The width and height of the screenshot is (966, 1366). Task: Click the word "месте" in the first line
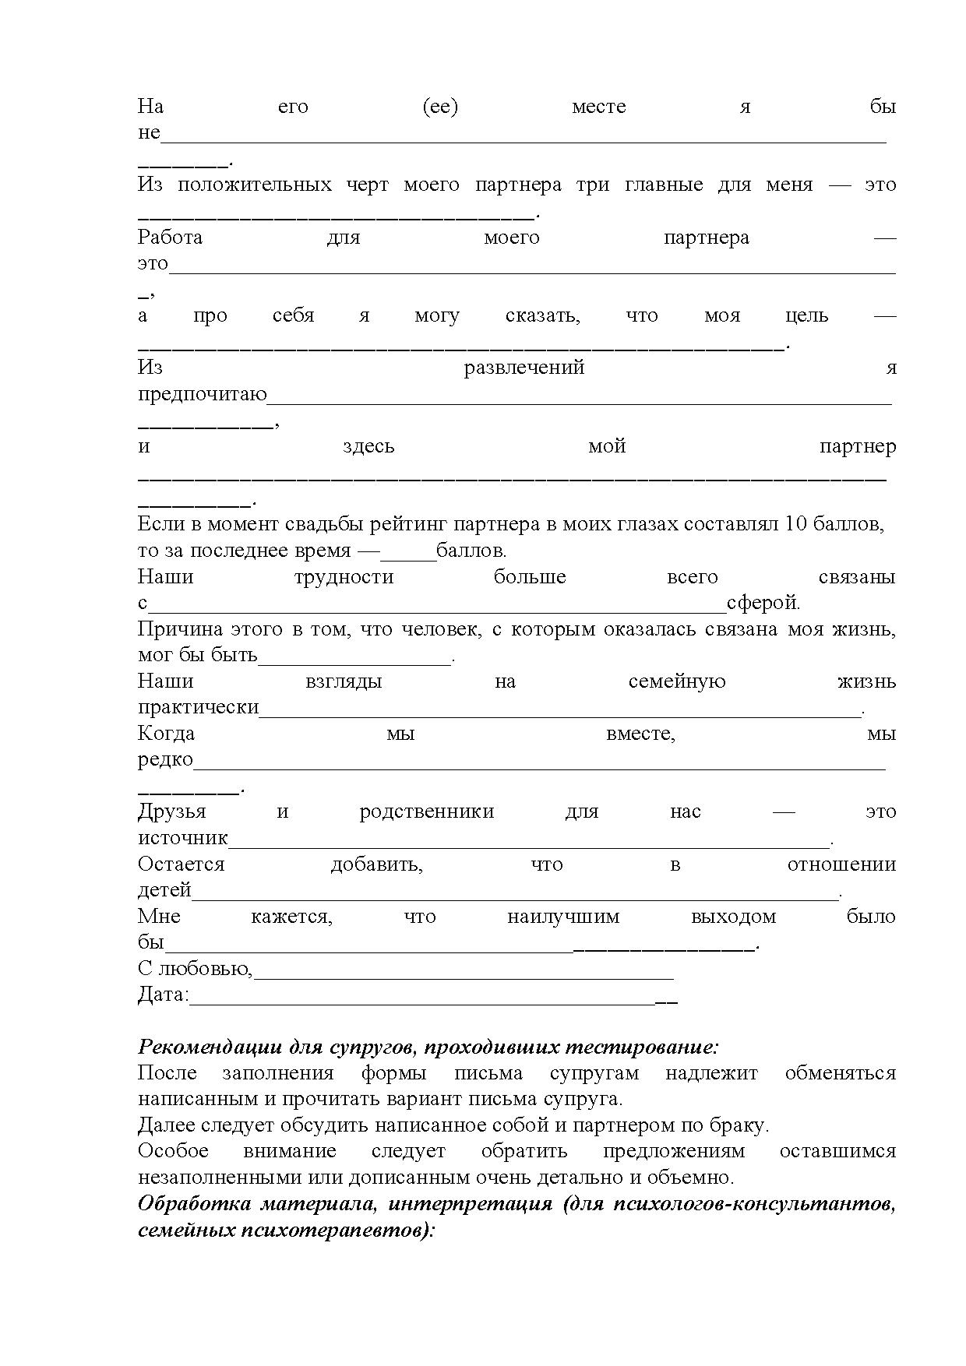[598, 107]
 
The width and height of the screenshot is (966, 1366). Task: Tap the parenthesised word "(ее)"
[440, 107]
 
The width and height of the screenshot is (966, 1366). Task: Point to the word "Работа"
[170, 238]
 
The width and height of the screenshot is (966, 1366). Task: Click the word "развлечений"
[524, 368]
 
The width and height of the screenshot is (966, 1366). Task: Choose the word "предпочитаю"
[203, 395]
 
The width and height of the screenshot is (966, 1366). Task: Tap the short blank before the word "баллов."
[407, 554]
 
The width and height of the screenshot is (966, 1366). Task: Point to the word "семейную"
[676, 682]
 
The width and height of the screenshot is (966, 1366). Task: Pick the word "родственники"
[426, 812]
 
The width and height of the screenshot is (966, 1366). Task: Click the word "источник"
[183, 839]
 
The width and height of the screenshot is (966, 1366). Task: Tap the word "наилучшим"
[562, 917]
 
